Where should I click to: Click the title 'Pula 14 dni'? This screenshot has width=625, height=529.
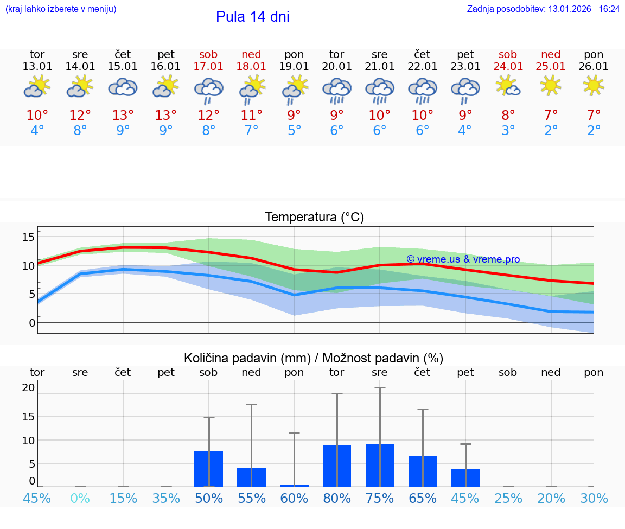(252, 17)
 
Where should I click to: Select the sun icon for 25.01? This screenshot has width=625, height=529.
(551, 85)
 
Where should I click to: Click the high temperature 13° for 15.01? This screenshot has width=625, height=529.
(123, 115)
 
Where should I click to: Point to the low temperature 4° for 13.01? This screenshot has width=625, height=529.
(37, 131)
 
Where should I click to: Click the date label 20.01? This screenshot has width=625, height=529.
(337, 67)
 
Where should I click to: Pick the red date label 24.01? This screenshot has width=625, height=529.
(508, 67)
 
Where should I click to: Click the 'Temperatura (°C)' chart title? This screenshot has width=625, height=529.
(314, 218)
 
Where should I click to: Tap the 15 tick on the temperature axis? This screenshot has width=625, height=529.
(28, 237)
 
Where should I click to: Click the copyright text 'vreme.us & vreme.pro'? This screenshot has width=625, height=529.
(463, 259)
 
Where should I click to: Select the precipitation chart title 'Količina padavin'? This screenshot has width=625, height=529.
(314, 358)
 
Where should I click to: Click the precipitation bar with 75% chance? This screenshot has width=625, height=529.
(379, 465)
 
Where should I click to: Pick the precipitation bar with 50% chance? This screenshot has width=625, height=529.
(208, 469)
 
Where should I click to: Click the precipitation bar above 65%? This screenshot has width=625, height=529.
(422, 471)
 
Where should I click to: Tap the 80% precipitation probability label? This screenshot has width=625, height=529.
(337, 499)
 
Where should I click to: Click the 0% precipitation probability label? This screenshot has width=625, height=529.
(80, 499)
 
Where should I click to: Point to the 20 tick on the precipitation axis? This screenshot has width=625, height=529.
(28, 387)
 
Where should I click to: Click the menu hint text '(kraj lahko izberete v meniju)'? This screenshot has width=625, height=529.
(60, 9)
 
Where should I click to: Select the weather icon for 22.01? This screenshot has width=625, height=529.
(422, 91)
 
